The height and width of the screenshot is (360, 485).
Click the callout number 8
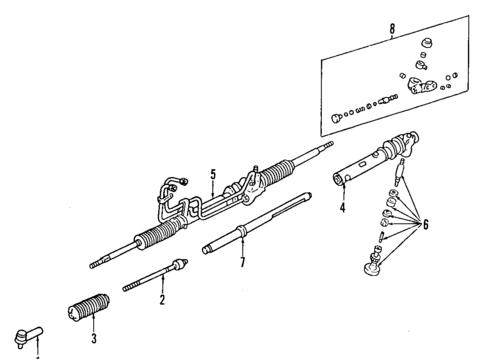pos(392,30)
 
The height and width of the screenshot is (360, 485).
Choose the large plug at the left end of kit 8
pos(332,119)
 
